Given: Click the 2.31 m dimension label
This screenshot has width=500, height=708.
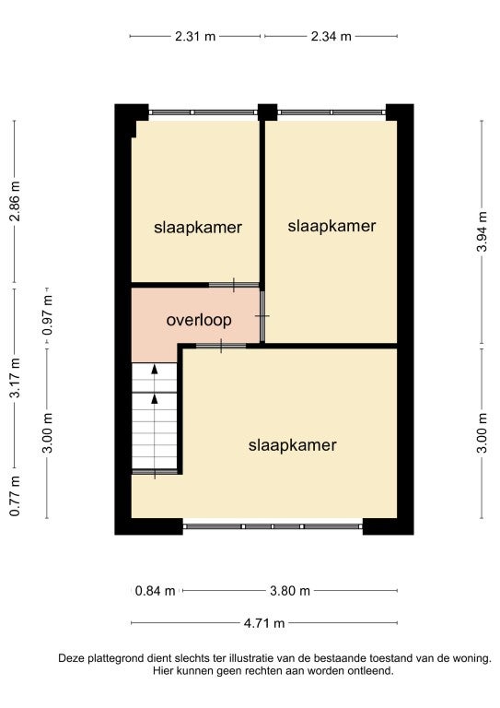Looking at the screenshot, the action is tap(195, 36).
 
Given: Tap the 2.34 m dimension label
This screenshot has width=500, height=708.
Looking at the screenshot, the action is tap(331, 36).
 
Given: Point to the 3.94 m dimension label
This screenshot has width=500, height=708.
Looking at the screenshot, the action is tap(482, 231).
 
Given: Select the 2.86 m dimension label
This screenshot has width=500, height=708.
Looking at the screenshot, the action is tap(15, 201).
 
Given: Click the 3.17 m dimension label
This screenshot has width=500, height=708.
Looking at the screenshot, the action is tap(15, 377).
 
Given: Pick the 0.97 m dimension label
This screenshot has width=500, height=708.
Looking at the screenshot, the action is tap(47, 315).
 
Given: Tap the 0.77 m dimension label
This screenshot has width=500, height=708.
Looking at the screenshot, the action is tap(15, 496).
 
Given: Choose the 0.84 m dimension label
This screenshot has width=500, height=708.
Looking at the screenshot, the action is tap(155, 591).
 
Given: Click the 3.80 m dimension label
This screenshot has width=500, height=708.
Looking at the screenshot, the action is tap(290, 591).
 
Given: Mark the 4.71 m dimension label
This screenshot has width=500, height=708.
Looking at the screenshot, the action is tap(264, 623).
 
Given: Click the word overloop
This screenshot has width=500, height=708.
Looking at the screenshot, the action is tap(199, 320).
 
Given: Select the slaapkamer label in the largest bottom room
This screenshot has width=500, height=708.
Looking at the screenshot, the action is tap(293, 445).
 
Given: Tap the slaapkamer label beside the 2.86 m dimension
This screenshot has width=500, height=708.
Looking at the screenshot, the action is tap(198, 228).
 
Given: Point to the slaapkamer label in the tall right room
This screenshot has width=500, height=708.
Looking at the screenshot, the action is tap(331, 226).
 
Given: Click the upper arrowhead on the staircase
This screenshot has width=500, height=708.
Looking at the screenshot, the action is tap(155, 369).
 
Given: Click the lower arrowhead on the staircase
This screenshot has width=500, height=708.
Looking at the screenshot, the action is tap(155, 398).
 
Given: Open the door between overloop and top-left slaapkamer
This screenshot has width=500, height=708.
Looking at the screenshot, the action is tap(234, 285).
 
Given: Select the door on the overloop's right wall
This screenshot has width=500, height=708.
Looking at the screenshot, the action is tap(262, 316).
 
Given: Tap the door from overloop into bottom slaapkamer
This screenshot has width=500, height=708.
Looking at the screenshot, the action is tap(221, 346).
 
